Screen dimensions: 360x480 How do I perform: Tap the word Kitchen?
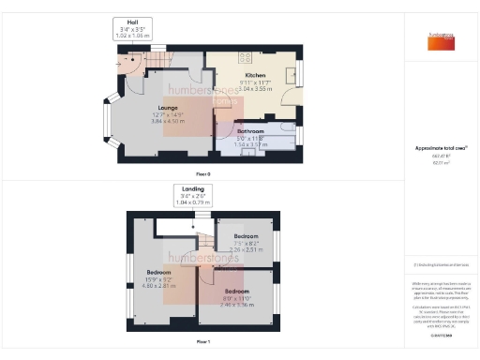(255, 75)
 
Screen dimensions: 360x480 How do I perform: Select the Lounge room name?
(169, 108)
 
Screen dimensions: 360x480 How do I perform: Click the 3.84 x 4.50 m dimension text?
(169, 121)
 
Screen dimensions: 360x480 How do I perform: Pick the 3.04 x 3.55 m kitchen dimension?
(255, 88)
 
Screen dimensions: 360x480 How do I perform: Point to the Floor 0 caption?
(202, 175)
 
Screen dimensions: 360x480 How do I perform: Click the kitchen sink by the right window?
(292, 77)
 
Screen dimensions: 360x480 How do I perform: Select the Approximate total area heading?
(441, 149)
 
